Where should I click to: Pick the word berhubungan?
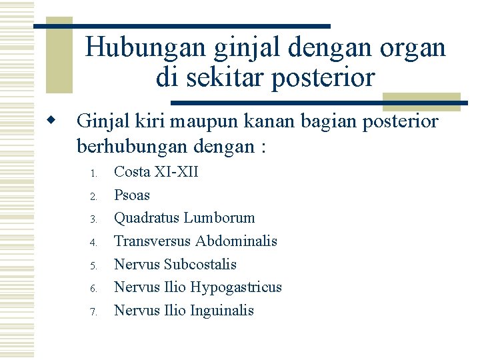(x=125, y=145)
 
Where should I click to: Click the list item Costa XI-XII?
(x=156, y=172)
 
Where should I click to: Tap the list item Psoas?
(x=132, y=195)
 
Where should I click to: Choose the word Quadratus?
(x=147, y=218)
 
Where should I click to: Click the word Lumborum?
(x=219, y=218)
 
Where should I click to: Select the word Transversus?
(x=152, y=241)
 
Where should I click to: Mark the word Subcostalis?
(x=200, y=264)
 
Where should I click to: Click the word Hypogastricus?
(x=236, y=287)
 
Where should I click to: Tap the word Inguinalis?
(x=222, y=310)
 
